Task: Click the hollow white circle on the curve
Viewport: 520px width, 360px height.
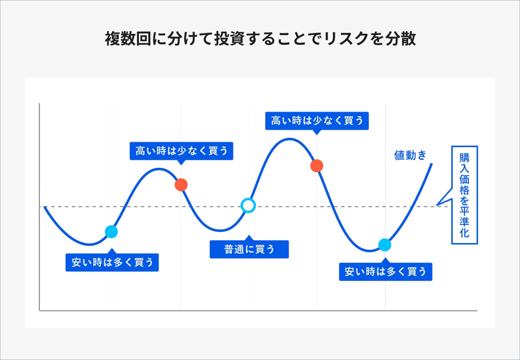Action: tap(248, 205)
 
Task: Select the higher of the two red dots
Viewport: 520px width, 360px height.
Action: tap(317, 165)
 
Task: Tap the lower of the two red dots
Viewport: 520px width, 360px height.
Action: tap(181, 185)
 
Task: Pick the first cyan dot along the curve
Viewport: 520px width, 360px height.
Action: tap(111, 232)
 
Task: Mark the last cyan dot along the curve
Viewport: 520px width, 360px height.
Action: tap(384, 245)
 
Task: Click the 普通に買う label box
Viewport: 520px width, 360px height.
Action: tap(249, 249)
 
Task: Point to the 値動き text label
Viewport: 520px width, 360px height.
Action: tap(410, 155)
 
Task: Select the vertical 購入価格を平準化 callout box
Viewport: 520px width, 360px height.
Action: tap(464, 195)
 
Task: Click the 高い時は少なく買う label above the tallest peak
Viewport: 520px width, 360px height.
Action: tap(317, 121)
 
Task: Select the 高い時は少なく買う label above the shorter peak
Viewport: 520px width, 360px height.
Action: tap(181, 151)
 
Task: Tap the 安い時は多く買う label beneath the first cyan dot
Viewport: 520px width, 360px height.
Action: tap(112, 262)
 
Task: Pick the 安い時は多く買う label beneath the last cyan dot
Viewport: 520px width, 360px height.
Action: tap(385, 272)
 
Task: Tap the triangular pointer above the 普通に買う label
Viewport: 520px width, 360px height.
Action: tap(248, 238)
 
